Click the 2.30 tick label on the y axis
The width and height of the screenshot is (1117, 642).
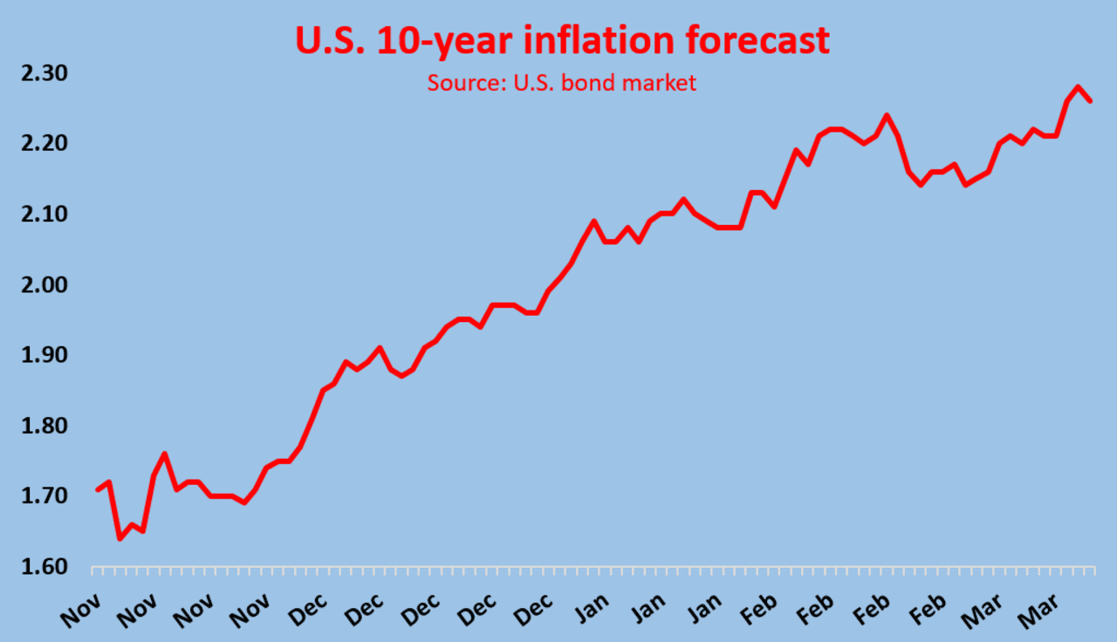44,72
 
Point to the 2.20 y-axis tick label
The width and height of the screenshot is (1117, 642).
44,143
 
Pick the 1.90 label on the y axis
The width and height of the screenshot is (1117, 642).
44,355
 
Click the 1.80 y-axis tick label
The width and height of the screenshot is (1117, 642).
44,426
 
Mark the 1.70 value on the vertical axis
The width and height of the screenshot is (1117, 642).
44,496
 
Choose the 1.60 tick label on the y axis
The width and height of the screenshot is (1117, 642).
44,567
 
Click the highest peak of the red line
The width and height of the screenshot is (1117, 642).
1079,87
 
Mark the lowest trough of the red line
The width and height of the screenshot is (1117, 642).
120,538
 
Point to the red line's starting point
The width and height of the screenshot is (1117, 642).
97,489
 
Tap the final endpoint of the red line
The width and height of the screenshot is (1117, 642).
1090,101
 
